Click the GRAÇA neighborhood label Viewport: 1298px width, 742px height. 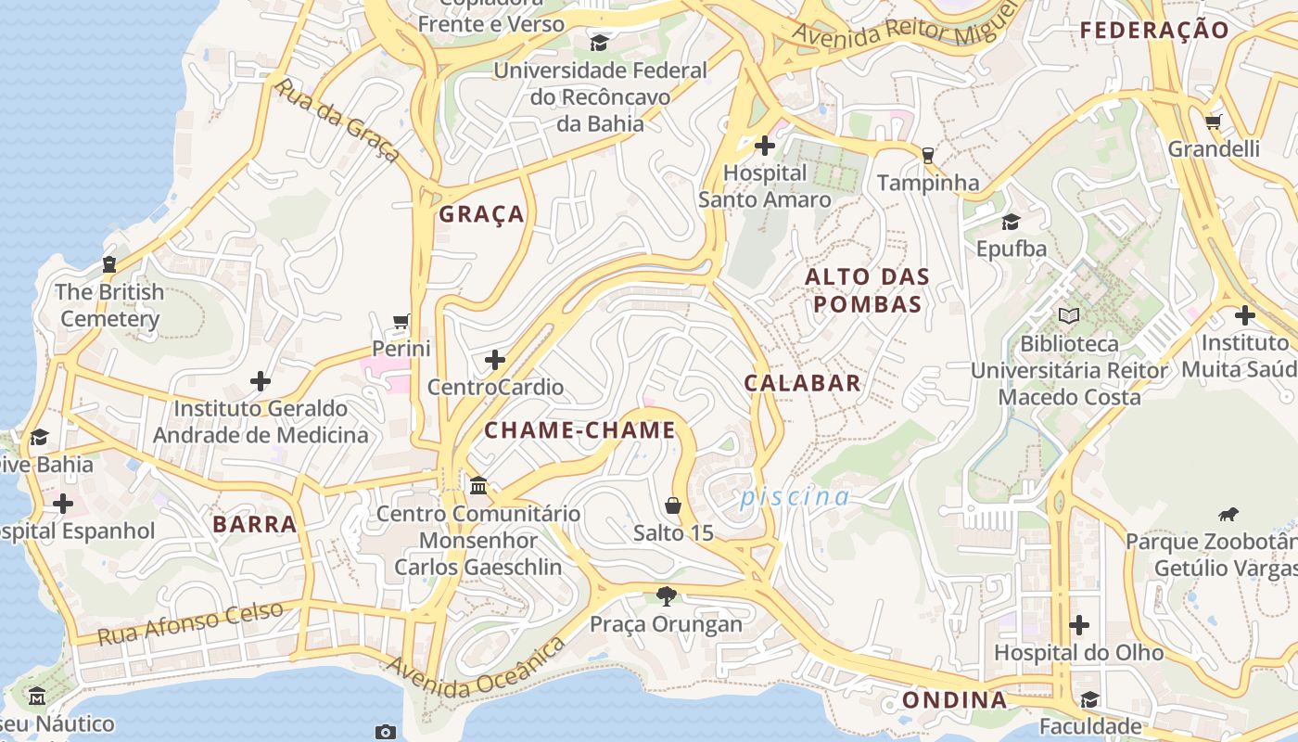pyautogui.click(x=481, y=214)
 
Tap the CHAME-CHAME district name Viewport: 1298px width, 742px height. pyautogui.click(x=579, y=430)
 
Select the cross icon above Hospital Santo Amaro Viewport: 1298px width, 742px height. pyautogui.click(x=765, y=146)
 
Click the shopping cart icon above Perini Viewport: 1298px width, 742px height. pyautogui.click(x=401, y=322)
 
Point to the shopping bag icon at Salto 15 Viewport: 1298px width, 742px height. pyautogui.click(x=673, y=505)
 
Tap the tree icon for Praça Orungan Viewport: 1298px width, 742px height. pyautogui.click(x=666, y=595)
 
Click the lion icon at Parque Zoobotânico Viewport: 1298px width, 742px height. pyautogui.click(x=1228, y=514)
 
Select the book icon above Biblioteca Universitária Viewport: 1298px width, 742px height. pyautogui.click(x=1069, y=315)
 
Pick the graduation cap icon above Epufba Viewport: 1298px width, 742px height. pyautogui.click(x=1011, y=222)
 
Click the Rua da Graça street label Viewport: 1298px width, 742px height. pyautogui.click(x=338, y=121)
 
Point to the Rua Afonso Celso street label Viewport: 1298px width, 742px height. pyautogui.click(x=190, y=623)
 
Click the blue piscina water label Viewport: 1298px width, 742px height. pyautogui.click(x=794, y=497)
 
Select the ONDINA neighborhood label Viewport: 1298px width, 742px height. pyautogui.click(x=954, y=699)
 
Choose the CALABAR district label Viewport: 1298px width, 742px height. pyautogui.click(x=802, y=383)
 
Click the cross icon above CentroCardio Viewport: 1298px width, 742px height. pyautogui.click(x=495, y=359)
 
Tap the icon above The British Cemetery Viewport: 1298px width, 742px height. pyautogui.click(x=109, y=264)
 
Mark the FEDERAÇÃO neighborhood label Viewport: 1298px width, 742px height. pyautogui.click(x=1154, y=30)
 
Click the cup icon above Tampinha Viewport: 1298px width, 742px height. pyautogui.click(x=927, y=155)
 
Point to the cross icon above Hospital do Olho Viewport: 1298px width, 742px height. pyautogui.click(x=1078, y=625)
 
